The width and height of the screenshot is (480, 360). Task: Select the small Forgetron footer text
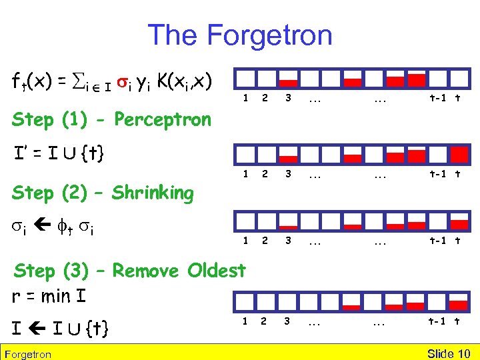tap(27, 354)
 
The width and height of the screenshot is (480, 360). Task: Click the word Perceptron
tap(163, 120)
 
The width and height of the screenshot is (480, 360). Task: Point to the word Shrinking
tap(153, 193)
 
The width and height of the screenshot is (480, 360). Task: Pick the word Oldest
tap(217, 271)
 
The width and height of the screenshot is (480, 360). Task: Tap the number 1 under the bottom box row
tap(245, 320)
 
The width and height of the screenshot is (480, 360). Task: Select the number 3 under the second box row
tap(288, 175)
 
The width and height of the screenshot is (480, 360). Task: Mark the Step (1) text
tap(43, 120)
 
